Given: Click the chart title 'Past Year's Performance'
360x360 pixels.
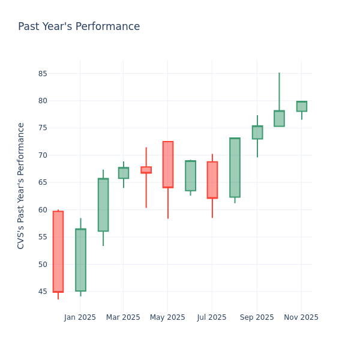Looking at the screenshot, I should (x=79, y=27).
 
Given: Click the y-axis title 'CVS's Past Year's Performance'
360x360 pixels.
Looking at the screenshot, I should (x=21, y=185).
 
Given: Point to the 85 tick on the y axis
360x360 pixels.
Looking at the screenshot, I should (x=43, y=74).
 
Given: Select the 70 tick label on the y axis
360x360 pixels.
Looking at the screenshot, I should (x=43, y=155).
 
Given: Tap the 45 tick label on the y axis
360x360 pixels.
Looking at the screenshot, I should (x=43, y=292).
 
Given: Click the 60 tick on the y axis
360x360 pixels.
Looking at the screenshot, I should (x=43, y=210).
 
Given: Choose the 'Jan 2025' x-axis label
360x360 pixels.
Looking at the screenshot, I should (x=80, y=317).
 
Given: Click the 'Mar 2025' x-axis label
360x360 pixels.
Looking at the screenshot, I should (x=123, y=317).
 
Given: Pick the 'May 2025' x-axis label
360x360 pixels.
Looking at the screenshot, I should (x=167, y=317).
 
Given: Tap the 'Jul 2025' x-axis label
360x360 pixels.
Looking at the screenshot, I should (x=212, y=317).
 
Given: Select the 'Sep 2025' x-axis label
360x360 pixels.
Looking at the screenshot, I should (x=257, y=317).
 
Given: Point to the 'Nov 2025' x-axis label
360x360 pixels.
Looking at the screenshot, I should (x=301, y=317).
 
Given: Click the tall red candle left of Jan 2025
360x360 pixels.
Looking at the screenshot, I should (x=58, y=251).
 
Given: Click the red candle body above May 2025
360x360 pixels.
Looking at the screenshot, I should (x=168, y=164).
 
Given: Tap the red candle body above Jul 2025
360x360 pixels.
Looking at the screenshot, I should (x=212, y=180).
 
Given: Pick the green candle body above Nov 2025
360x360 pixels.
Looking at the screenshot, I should (x=302, y=106).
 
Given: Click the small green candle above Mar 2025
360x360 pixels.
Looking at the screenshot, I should (x=124, y=173).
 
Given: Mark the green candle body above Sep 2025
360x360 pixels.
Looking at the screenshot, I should (x=257, y=132).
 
